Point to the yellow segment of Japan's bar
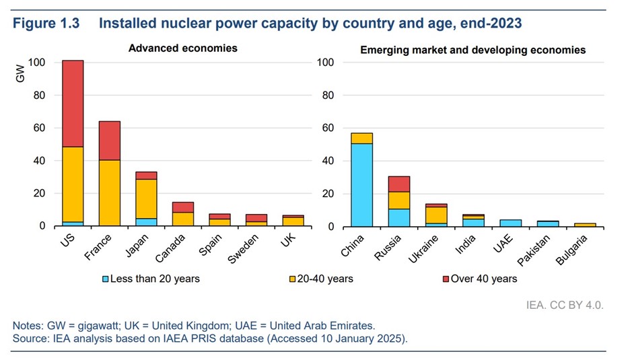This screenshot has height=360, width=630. point(145,199)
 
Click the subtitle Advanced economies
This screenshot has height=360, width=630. point(183,48)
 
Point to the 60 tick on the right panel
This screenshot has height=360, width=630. point(327,128)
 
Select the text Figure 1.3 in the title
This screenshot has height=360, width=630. point(46,24)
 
